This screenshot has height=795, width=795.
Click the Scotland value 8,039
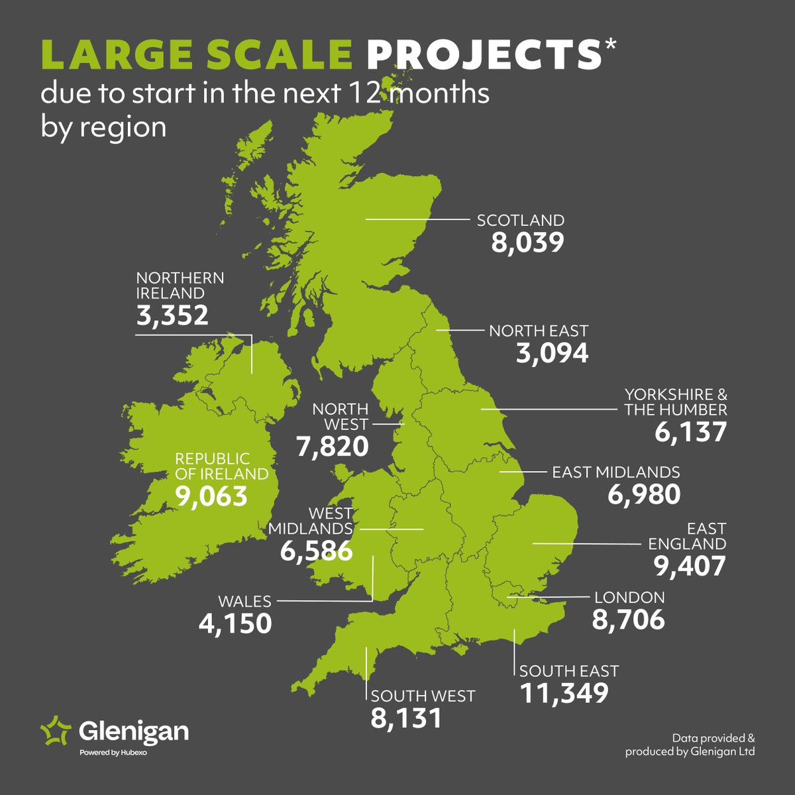(x=527, y=242)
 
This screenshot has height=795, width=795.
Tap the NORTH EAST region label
(x=539, y=331)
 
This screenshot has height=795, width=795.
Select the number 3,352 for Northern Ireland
(x=172, y=315)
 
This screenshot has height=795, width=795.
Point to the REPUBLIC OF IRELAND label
(x=221, y=466)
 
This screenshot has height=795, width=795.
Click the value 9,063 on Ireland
(x=211, y=496)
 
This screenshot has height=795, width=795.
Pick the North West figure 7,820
(x=333, y=447)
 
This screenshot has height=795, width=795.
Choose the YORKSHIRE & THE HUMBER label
(x=675, y=401)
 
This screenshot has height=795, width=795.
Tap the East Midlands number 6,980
(x=643, y=494)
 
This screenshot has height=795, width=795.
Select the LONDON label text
(x=629, y=598)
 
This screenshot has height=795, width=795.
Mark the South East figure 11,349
(x=564, y=693)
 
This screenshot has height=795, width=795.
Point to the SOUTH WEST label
(x=423, y=696)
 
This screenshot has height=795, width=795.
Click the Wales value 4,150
(x=235, y=623)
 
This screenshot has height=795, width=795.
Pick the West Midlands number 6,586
(x=316, y=551)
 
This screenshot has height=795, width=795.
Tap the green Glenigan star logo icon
(x=56, y=731)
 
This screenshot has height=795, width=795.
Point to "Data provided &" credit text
(x=713, y=737)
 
